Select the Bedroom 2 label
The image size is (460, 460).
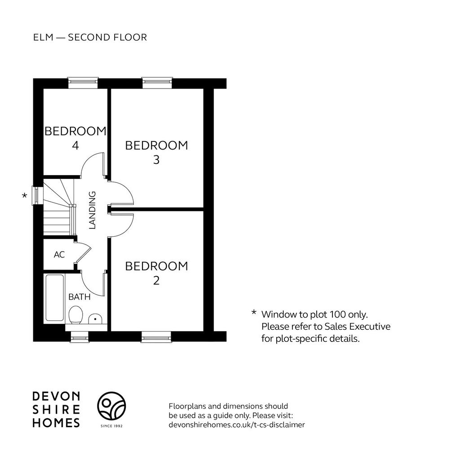click(156, 273)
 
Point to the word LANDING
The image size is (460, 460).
click(93, 210)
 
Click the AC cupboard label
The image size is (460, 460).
click(59, 254)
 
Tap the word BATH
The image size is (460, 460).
click(79, 297)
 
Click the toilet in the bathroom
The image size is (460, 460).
click(75, 315)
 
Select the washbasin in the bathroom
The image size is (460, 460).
click(95, 319)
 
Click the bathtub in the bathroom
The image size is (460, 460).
click(54, 298)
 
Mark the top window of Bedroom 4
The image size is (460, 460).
click(83, 83)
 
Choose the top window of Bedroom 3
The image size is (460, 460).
click(157, 83)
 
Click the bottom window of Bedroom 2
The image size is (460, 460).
click(156, 337)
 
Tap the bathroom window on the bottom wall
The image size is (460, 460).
click(80, 337)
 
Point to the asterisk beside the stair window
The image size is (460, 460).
click(25, 195)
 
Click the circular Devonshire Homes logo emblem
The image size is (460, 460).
click(111, 406)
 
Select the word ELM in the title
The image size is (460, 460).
click(44, 38)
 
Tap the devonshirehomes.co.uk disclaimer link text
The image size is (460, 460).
click(237, 425)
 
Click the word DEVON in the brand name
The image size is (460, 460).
click(56, 396)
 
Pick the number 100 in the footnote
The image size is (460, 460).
click(338, 314)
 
